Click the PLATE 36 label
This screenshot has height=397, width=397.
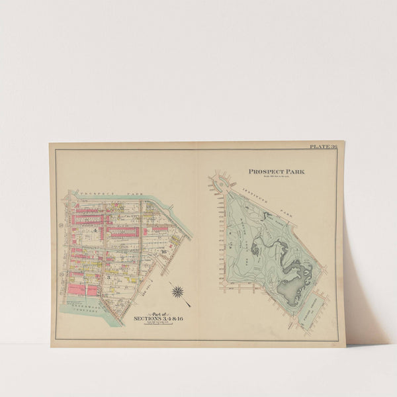pos(323,146)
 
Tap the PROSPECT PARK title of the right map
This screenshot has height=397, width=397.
pos(277,171)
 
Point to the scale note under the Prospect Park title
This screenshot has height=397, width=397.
pos(277,177)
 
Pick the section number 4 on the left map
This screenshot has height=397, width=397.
pos(95,230)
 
